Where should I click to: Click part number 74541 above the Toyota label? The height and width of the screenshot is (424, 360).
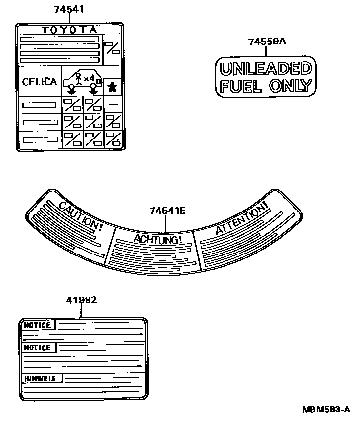[70, 9]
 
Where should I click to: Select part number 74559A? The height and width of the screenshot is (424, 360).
[267, 42]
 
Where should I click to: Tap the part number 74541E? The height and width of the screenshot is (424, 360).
[168, 211]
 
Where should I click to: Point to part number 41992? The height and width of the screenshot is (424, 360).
[82, 300]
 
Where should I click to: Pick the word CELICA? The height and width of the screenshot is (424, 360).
[40, 82]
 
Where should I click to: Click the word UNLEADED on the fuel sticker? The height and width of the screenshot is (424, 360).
[265, 69]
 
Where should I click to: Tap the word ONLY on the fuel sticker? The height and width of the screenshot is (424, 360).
[290, 86]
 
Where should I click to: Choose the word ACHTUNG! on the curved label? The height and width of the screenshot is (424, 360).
[158, 239]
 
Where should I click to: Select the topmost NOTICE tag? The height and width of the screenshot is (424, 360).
[38, 325]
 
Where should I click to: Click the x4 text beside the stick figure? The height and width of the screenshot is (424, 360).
[89, 78]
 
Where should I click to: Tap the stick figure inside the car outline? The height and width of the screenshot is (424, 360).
[78, 78]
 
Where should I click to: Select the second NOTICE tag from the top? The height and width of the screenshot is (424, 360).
[38, 348]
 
